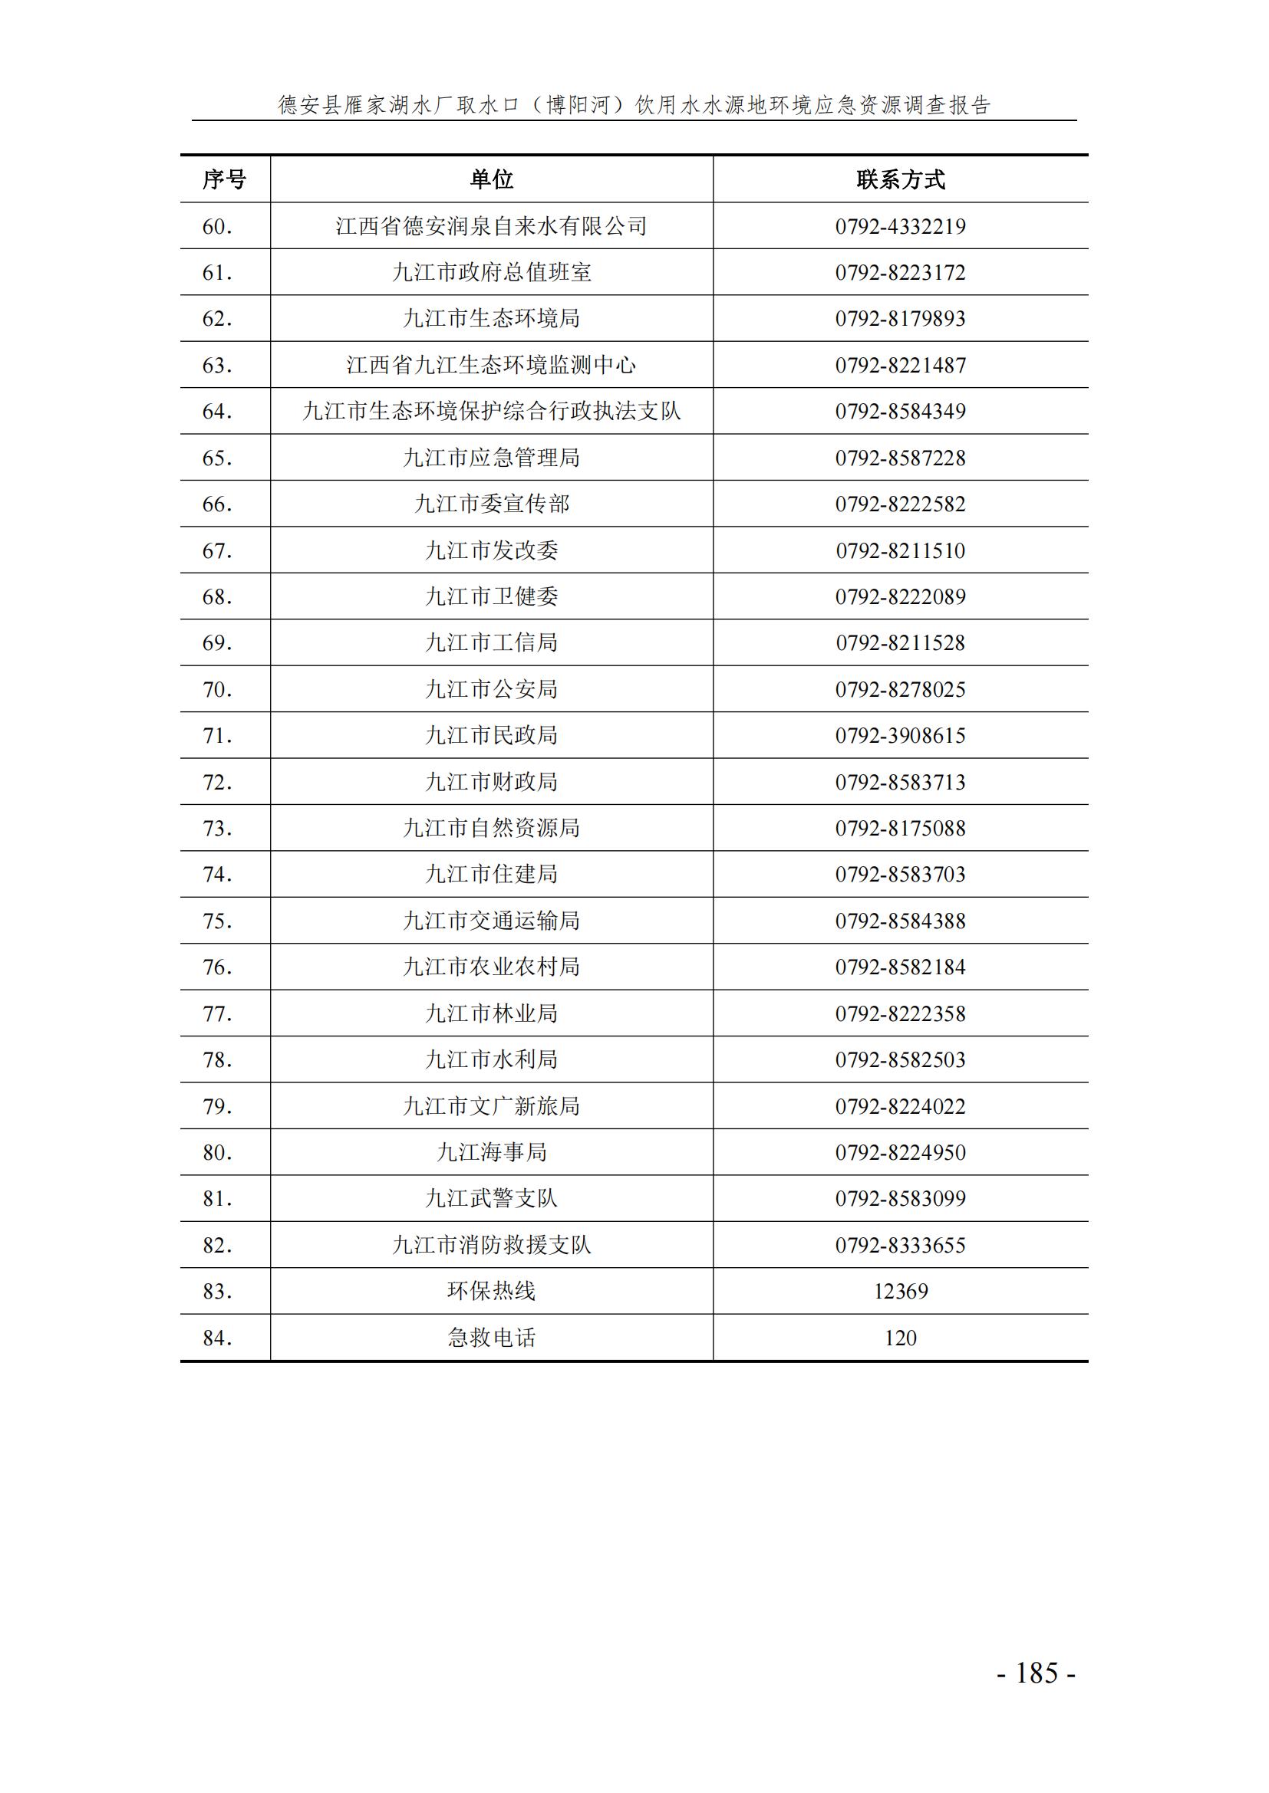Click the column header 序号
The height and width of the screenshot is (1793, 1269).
click(224, 179)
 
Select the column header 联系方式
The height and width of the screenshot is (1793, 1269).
click(900, 179)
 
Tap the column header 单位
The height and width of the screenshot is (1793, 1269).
click(492, 179)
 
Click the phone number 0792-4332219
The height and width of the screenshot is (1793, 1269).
click(900, 226)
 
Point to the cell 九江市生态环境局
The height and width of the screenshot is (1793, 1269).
click(492, 319)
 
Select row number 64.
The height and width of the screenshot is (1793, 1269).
click(217, 412)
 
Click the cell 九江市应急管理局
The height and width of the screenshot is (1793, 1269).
click(492, 458)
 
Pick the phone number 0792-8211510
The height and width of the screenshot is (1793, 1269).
click(900, 550)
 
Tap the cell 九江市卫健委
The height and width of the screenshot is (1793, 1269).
click(492, 596)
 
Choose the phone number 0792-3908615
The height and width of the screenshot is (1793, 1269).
click(900, 736)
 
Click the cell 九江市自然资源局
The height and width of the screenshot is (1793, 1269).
click(492, 828)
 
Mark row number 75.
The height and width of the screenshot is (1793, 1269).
click(217, 921)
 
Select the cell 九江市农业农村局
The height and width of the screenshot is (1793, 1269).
click(492, 967)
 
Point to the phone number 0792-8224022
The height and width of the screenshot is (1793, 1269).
click(900, 1106)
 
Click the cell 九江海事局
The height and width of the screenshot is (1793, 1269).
click(492, 1152)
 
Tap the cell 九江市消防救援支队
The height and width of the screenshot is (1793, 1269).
click(492, 1245)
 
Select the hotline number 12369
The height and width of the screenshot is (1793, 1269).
click(900, 1291)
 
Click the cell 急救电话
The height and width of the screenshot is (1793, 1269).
click(492, 1338)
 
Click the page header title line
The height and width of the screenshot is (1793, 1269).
click(634, 105)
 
